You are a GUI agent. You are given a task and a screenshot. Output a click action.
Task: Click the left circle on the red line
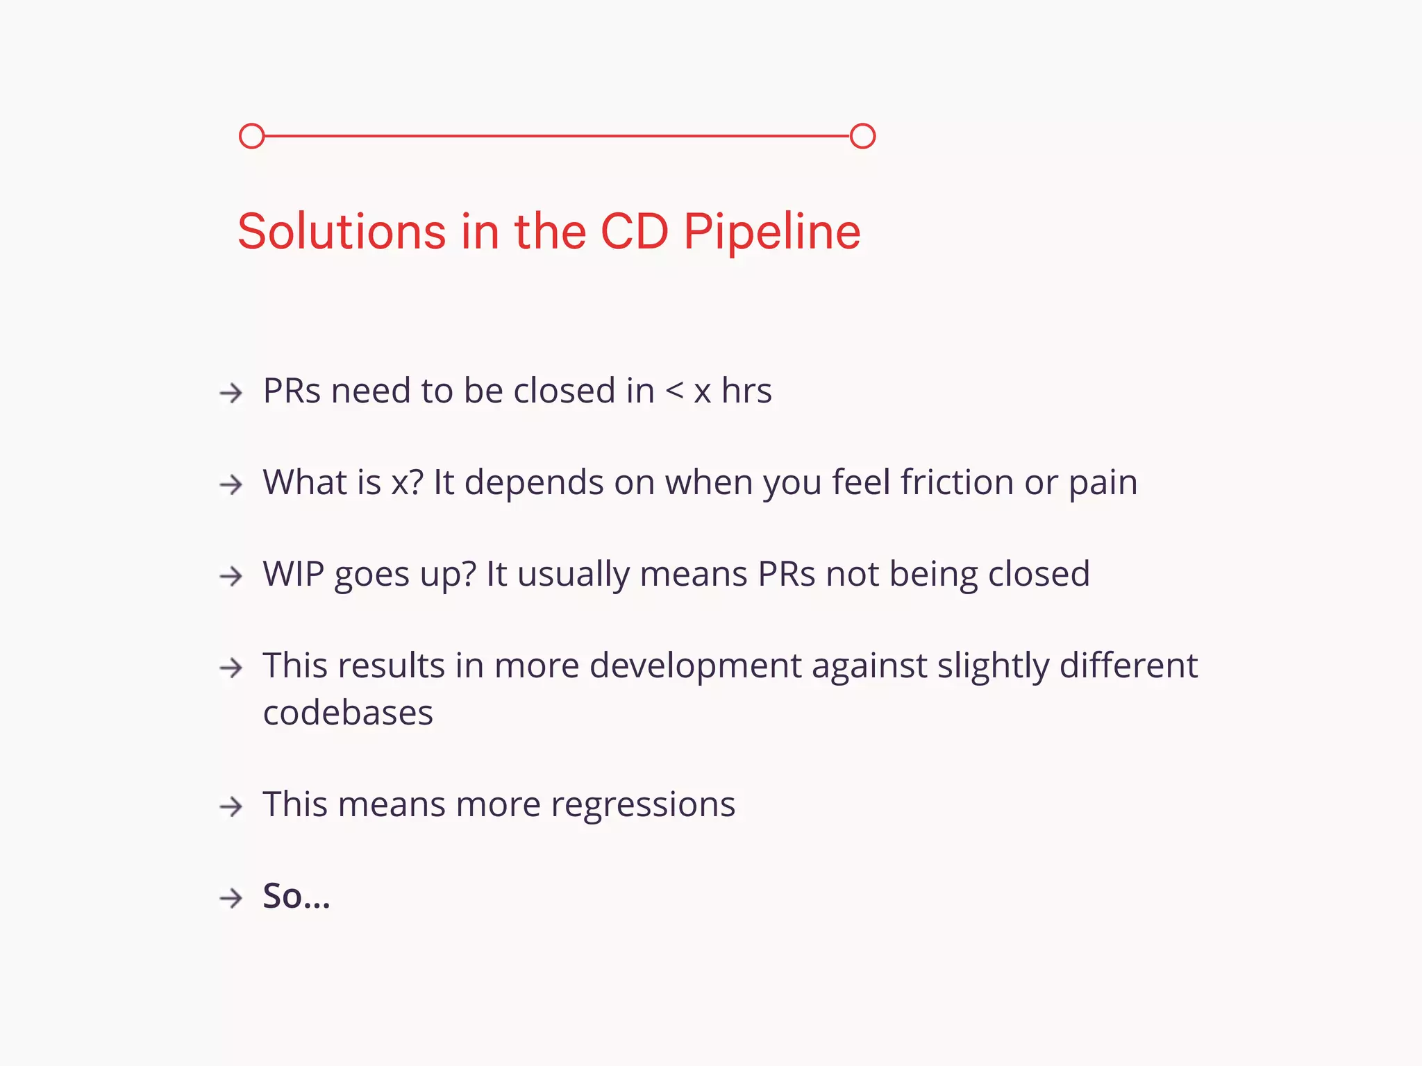[x=251, y=136]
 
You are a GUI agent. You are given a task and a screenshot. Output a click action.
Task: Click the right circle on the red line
[x=862, y=136]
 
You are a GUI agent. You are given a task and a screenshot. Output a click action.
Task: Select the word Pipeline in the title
[x=772, y=232]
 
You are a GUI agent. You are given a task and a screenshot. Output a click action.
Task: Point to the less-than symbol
[x=674, y=391]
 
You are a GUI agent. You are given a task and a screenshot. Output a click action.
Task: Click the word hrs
[x=746, y=391]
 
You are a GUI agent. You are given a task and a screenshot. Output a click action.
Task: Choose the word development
[x=696, y=666]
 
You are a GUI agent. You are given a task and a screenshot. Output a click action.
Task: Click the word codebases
[x=348, y=713]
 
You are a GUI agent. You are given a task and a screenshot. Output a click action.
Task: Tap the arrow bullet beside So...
[x=231, y=898]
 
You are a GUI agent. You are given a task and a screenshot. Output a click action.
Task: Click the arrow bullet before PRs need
[x=231, y=393]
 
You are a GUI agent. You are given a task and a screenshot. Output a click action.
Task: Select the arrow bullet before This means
[x=231, y=806]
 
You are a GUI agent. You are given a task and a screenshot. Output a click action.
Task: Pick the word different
[x=1128, y=665]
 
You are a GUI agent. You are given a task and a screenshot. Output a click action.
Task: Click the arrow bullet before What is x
[x=231, y=484]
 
